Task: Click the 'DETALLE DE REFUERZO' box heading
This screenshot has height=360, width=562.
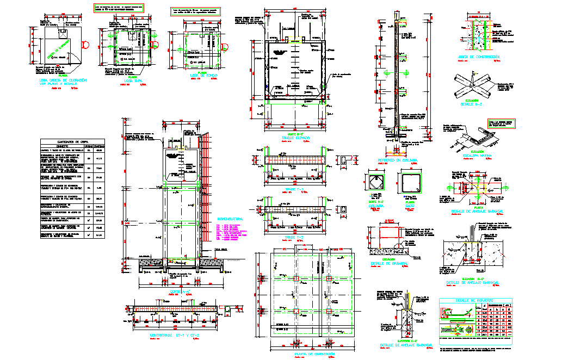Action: click(x=474, y=300)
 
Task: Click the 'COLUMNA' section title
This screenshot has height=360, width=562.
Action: click(x=375, y=206)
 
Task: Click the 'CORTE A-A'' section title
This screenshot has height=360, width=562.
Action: click(x=179, y=292)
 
